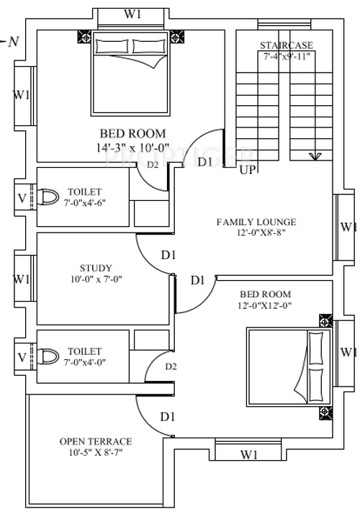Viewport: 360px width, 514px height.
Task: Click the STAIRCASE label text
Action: pos(287,46)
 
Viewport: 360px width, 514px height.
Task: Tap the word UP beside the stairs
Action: pos(247,170)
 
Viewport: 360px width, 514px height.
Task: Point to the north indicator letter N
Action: pos(14,42)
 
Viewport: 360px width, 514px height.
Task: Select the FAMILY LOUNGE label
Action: pos(256,222)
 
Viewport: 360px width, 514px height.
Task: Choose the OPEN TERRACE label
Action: pos(96,441)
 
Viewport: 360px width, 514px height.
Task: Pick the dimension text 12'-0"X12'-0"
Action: pos(265,306)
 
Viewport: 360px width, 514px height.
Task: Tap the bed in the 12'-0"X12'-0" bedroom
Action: pos(288,367)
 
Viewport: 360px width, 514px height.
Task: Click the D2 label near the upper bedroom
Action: pos(153,165)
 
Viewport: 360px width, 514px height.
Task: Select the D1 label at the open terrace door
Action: pos(168,416)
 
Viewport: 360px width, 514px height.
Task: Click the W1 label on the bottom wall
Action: pos(249,454)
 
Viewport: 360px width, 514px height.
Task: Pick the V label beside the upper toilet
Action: pos(22,197)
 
